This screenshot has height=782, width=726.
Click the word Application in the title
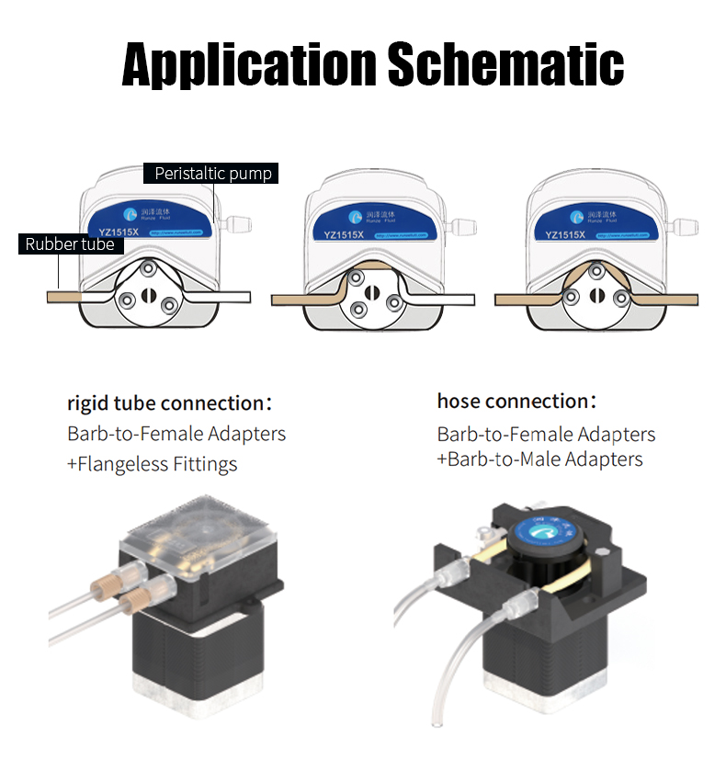tap(249, 63)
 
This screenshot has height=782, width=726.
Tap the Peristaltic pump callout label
tap(213, 173)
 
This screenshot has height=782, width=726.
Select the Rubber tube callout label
tap(70, 244)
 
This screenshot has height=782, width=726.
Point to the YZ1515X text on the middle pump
tap(344, 234)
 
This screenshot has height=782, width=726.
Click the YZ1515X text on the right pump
tap(566, 234)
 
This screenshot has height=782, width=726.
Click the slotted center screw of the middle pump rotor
tap(370, 292)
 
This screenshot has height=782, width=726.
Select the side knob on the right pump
tap(686, 224)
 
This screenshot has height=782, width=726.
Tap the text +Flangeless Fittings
tap(152, 464)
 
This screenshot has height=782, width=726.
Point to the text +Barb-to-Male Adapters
tap(539, 459)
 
